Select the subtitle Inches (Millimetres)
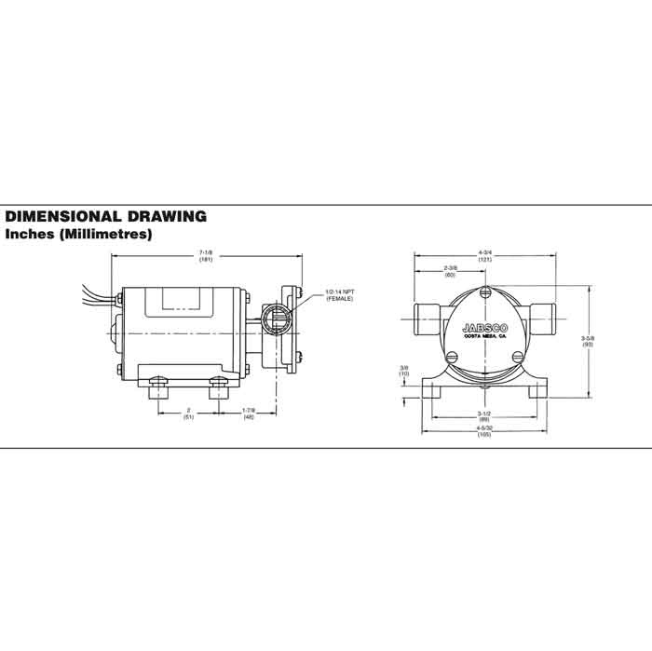click(x=78, y=235)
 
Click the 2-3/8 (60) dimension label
click(x=450, y=272)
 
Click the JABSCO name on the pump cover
click(x=484, y=327)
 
